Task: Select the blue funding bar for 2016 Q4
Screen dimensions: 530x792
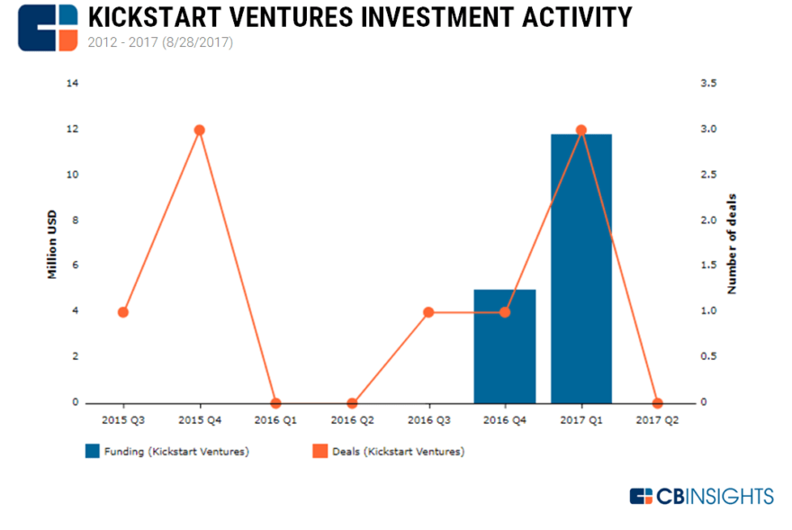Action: coord(505,346)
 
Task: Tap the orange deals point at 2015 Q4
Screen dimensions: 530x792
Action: coord(200,130)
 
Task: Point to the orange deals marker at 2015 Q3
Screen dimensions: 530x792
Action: coord(123,312)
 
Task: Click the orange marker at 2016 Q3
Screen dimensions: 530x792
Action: coord(428,312)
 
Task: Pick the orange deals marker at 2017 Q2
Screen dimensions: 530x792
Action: coord(657,403)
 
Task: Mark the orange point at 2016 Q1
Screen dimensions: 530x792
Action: coord(276,403)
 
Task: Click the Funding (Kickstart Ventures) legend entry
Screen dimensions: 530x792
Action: coord(166,452)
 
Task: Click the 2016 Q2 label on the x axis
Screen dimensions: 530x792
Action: coord(352,420)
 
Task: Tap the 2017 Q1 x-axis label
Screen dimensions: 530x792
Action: coord(581,420)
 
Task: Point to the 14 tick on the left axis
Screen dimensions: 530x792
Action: coord(72,84)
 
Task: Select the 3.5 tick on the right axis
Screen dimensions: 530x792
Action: coord(708,84)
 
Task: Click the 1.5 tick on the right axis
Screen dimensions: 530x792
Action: coord(708,266)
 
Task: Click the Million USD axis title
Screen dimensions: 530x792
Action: coord(52,243)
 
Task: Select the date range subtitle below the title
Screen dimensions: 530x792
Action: coord(160,41)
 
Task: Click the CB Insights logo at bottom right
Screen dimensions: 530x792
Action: coord(701,496)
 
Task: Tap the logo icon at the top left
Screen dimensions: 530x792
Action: coord(48,27)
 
